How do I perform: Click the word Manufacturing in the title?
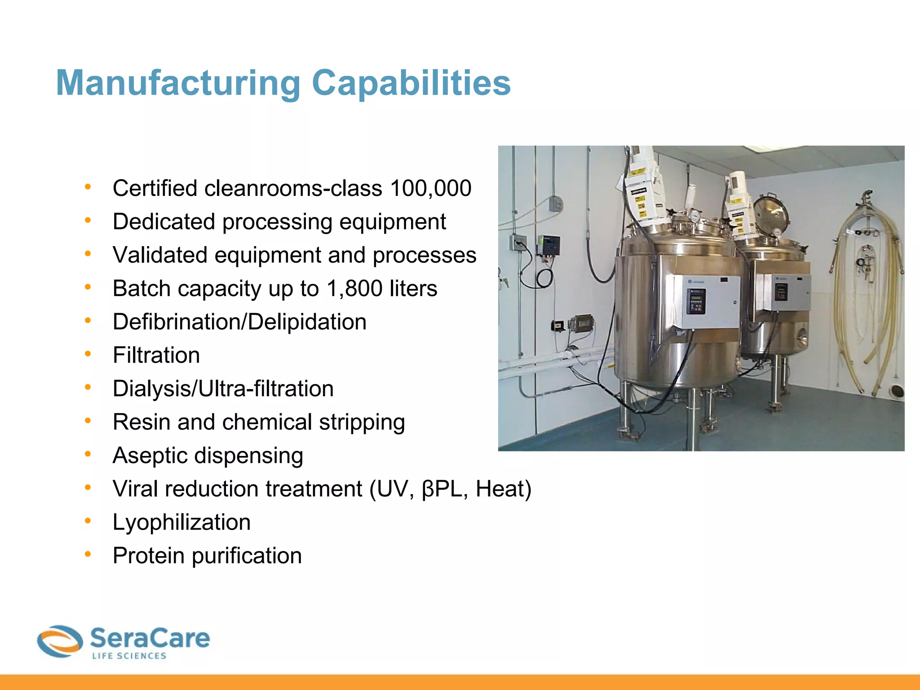tap(178, 84)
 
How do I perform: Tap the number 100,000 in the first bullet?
tap(431, 188)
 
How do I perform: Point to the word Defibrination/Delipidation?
tap(239, 322)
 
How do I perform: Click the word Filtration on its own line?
tap(156, 355)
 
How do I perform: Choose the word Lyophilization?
tap(181, 522)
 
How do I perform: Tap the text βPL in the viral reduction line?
tap(442, 489)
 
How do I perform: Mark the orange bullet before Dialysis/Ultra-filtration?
tap(88, 387)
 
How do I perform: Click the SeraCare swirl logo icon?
tap(60, 641)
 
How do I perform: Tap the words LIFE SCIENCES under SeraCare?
tap(129, 656)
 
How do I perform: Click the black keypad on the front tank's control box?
tap(695, 301)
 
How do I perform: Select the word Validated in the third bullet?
tap(160, 255)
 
